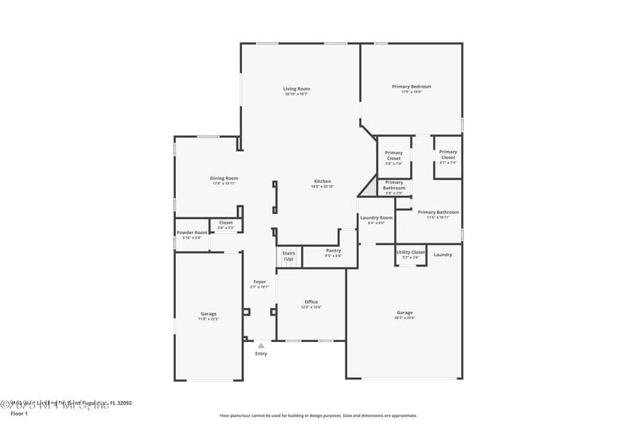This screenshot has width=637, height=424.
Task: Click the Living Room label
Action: (x=296, y=89)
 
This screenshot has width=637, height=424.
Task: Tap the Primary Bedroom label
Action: (x=411, y=87)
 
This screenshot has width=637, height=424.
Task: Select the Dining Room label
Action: (x=224, y=179)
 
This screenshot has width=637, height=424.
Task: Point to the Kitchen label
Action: (x=322, y=181)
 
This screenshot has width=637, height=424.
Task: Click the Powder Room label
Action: (x=192, y=233)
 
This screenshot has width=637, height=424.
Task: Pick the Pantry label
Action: (x=333, y=251)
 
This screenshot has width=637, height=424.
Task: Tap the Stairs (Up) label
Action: (x=288, y=256)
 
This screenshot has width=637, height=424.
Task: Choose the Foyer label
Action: (x=260, y=282)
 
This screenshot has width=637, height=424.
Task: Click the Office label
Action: (x=311, y=302)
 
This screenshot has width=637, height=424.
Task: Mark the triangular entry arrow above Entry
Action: (x=260, y=345)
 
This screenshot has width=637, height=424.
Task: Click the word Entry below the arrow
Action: (x=260, y=353)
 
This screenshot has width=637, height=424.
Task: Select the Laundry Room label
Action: (x=376, y=218)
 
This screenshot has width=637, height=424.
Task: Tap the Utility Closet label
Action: (x=411, y=253)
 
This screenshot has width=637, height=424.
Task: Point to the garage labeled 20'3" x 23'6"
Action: (x=404, y=314)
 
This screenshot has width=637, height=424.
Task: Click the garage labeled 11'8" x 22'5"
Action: (x=208, y=315)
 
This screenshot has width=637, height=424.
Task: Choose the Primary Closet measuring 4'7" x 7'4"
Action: (x=447, y=155)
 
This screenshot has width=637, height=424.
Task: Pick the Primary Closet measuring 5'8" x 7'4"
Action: (x=393, y=156)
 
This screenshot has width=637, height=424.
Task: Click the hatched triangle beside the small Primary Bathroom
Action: (x=369, y=188)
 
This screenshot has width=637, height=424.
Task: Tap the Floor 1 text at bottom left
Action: (x=19, y=414)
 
